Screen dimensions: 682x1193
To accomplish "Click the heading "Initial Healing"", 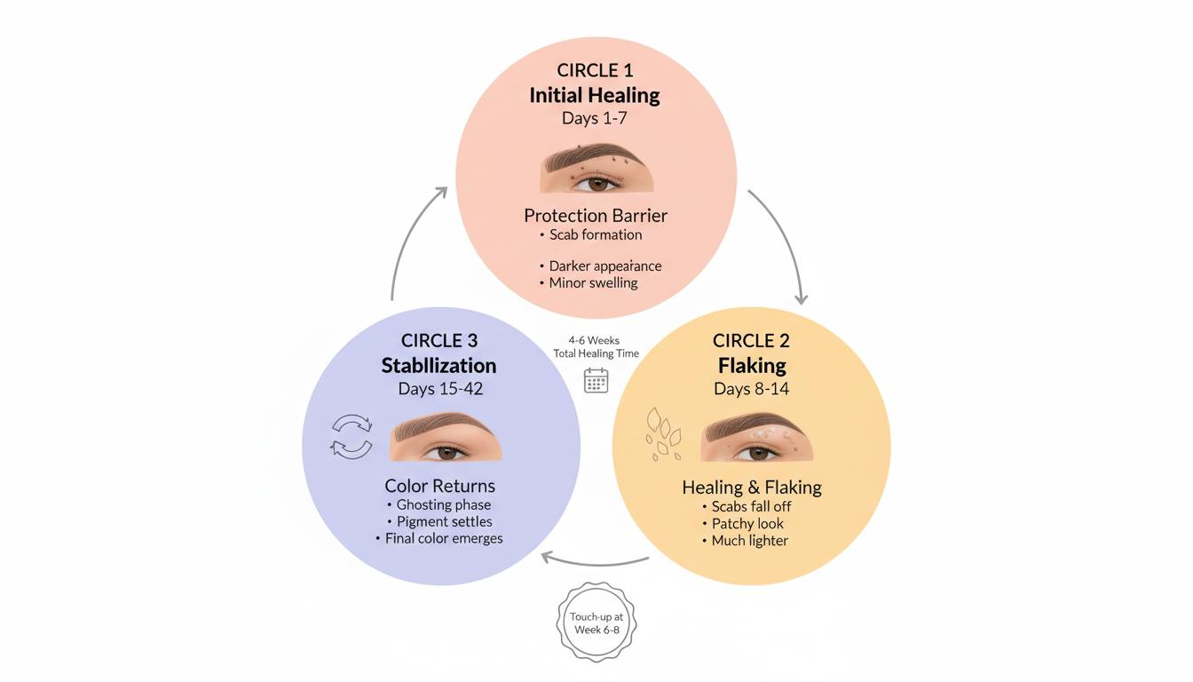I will point(595,95).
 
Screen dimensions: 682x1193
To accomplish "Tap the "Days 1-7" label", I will point(595,118).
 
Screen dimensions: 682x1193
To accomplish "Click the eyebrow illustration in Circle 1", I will point(596,169).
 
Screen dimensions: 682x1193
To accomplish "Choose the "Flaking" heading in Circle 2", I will point(752,365).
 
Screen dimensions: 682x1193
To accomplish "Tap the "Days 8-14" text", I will point(751,389).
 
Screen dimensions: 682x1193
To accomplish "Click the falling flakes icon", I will point(661,433).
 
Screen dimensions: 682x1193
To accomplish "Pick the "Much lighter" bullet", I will point(749,540).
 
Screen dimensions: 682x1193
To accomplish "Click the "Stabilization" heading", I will point(439,365).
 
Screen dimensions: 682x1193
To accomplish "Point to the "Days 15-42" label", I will point(439,389).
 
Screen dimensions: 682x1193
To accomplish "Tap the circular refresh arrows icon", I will point(352,436).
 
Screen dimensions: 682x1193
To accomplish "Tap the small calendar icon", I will point(596,380).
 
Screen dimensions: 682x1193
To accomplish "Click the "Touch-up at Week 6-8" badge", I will point(596,623).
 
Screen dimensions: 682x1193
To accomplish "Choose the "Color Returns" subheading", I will point(440,486).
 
